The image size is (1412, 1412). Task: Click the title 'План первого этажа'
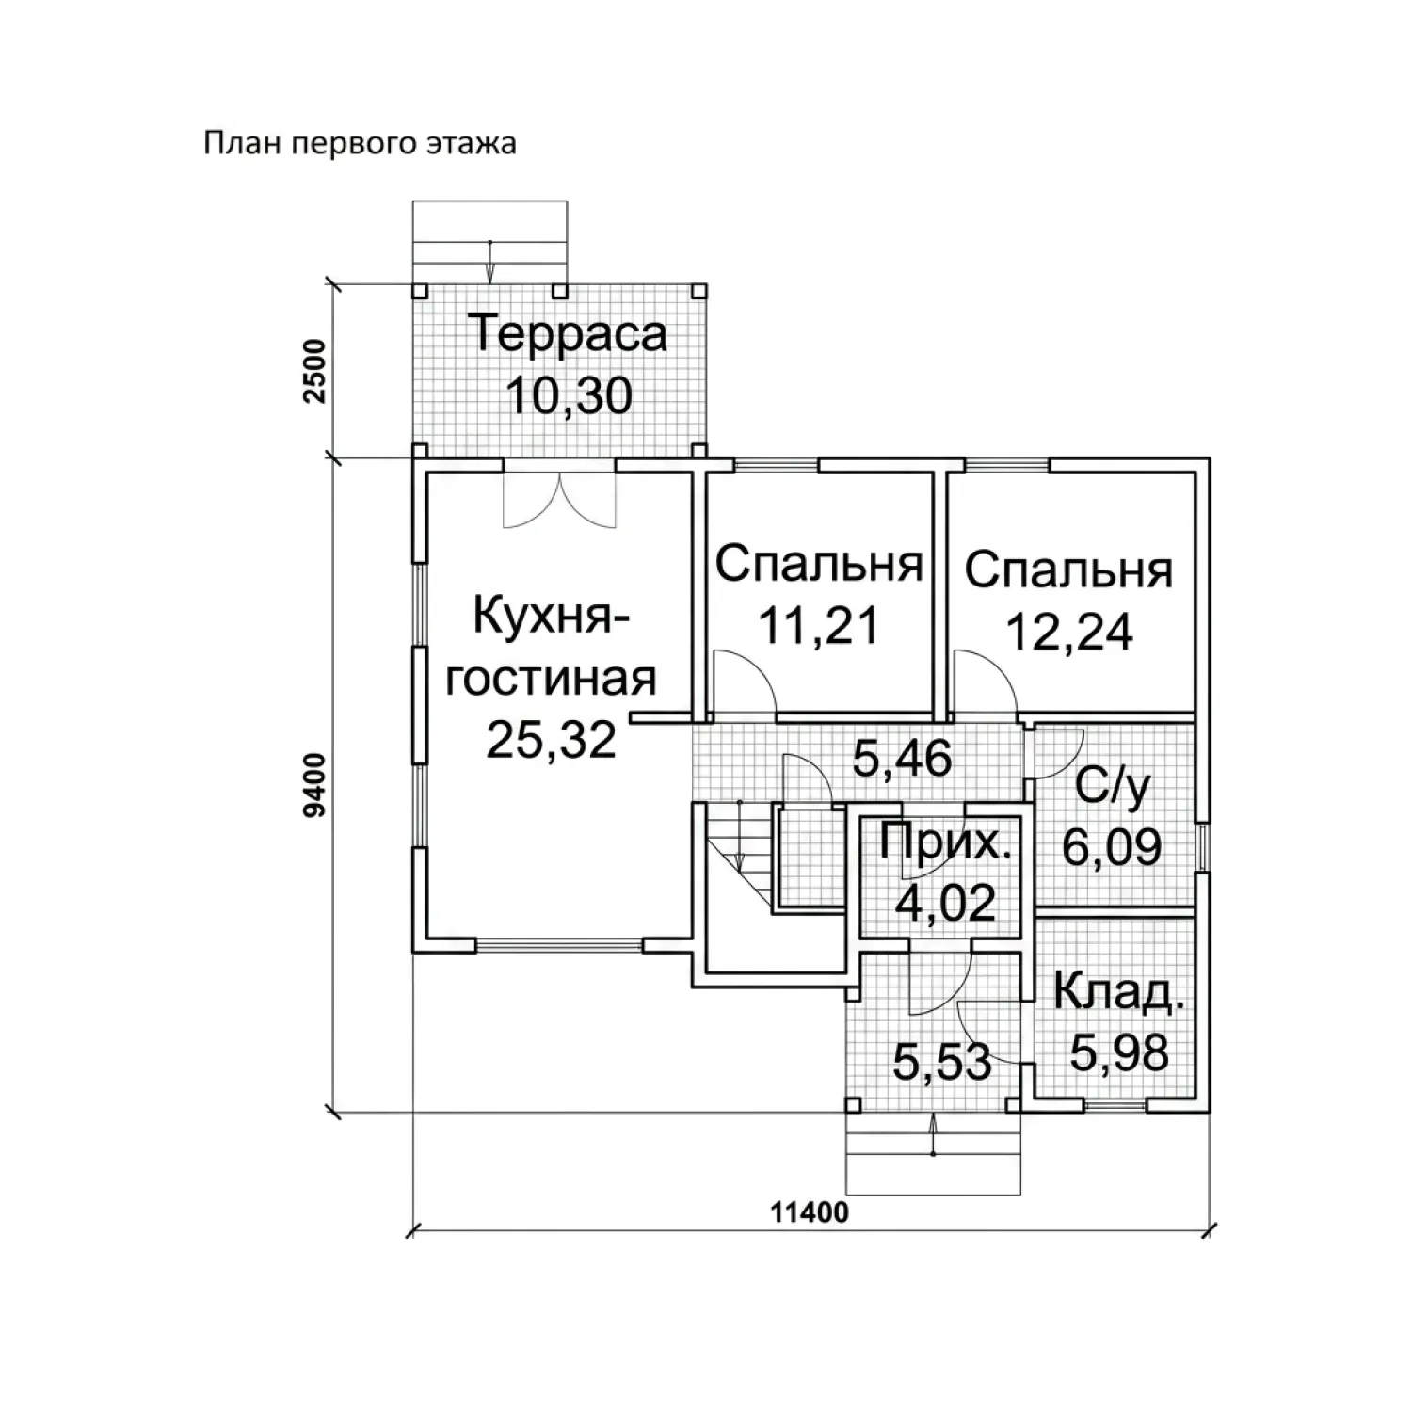click(x=360, y=144)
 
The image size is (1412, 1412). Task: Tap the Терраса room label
click(x=568, y=334)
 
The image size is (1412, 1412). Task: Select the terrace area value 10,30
click(x=569, y=395)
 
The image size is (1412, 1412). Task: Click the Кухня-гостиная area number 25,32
click(x=551, y=740)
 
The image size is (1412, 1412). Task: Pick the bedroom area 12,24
click(x=1069, y=633)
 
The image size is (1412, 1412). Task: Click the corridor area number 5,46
click(x=902, y=758)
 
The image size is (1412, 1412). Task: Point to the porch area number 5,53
click(x=942, y=1063)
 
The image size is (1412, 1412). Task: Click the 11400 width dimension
click(x=810, y=1212)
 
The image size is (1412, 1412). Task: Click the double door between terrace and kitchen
click(x=559, y=499)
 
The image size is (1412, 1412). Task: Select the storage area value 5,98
click(x=1119, y=1052)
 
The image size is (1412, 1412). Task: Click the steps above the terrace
click(x=490, y=242)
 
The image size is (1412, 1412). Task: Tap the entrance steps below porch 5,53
click(x=933, y=1154)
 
